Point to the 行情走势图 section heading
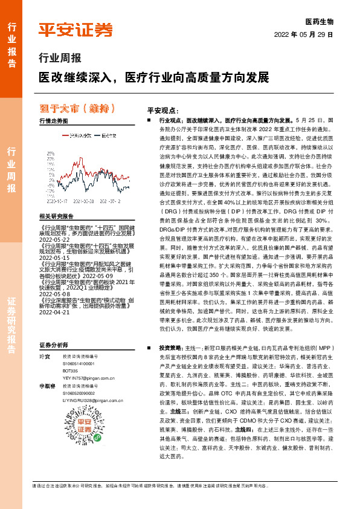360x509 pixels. (x=55, y=121)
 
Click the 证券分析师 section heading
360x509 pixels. (x=54, y=361)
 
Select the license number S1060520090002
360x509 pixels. (x=79, y=409)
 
